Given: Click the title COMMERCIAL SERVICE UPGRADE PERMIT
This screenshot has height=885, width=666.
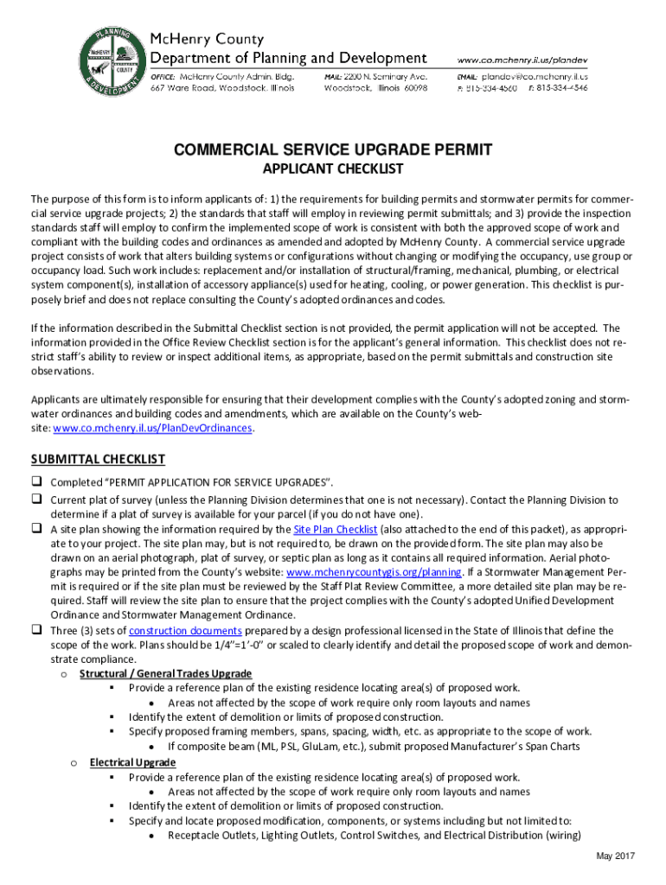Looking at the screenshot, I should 333,150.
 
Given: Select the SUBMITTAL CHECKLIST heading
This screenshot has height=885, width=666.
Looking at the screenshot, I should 98,459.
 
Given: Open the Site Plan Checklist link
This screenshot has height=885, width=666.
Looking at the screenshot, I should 335,529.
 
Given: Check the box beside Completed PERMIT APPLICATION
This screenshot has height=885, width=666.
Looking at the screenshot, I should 38,481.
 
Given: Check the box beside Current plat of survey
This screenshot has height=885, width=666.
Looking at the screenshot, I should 38,500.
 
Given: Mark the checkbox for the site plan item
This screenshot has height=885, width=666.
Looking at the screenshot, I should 38,528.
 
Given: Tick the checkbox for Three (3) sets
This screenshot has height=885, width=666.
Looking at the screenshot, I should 38,630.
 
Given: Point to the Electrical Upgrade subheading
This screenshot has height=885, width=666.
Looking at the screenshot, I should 132,761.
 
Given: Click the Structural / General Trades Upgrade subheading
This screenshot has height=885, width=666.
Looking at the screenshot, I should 177,673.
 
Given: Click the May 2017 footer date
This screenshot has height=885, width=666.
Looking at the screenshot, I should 616,856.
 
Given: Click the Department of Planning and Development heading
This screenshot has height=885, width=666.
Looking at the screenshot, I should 289,57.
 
